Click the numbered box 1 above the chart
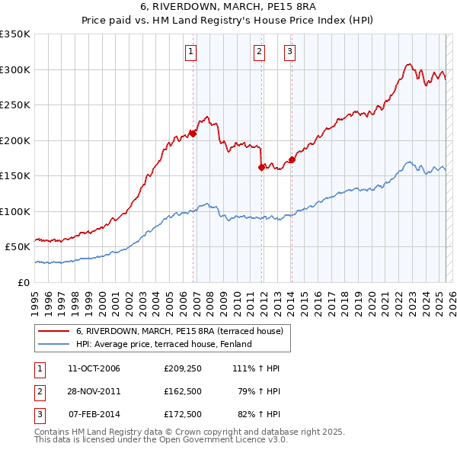click(190, 52)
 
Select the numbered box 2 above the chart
click(259, 52)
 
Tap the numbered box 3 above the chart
click(290, 52)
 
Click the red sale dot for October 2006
click(193, 133)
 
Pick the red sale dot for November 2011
click(261, 167)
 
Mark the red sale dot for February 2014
click(292, 160)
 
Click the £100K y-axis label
click(15, 211)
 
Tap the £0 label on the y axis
click(24, 282)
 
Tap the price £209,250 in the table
click(182, 368)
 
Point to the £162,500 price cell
click(182, 391)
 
